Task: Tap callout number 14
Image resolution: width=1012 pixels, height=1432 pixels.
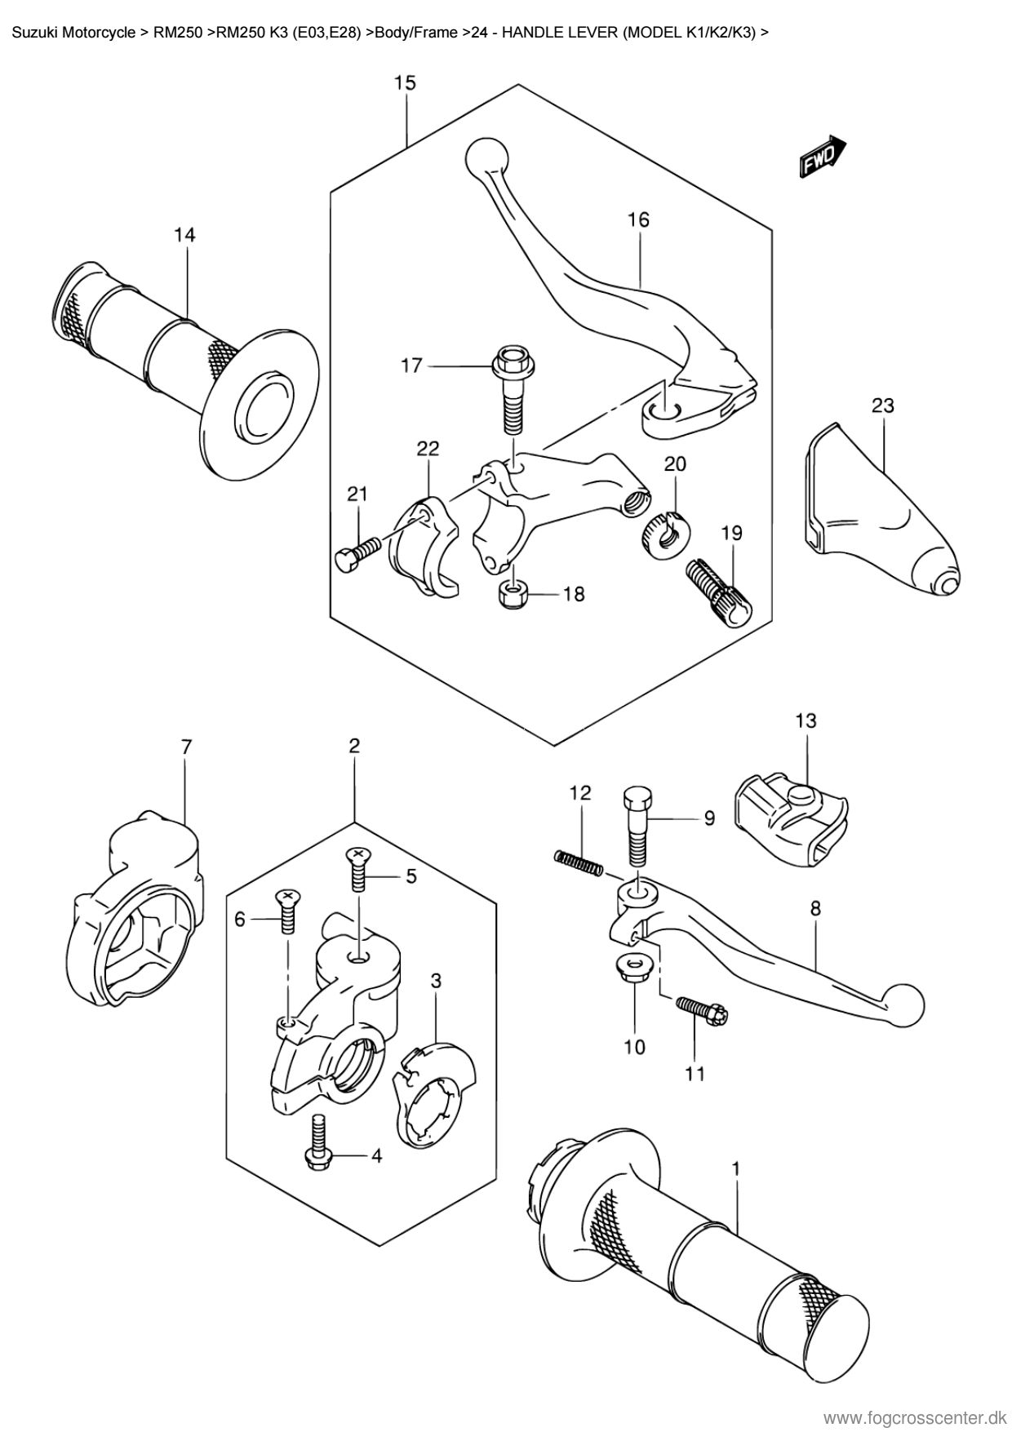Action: point(184,235)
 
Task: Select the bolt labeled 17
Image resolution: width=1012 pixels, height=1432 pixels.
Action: point(510,389)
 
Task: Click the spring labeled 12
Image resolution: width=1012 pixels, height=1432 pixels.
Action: point(578,862)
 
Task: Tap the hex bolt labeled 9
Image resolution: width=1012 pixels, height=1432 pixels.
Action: point(637,827)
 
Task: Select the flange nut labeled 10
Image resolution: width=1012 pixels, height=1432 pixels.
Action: point(633,967)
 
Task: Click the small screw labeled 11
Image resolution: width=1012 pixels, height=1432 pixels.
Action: point(701,1009)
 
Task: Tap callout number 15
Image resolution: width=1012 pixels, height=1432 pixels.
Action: point(405,82)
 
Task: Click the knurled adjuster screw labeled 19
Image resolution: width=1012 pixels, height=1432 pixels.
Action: point(718,592)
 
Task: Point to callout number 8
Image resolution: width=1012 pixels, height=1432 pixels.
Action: point(815,908)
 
